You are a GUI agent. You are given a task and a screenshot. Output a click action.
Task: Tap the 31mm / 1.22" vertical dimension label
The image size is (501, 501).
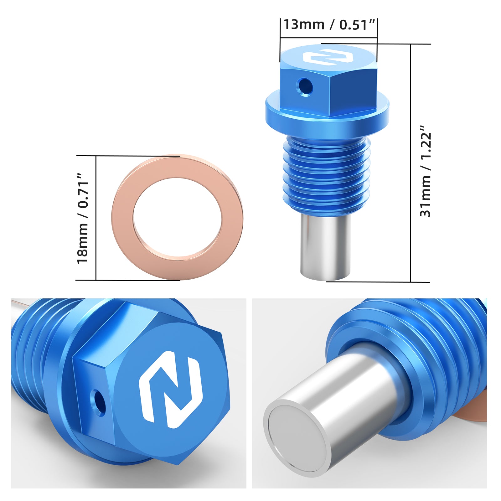[426, 171]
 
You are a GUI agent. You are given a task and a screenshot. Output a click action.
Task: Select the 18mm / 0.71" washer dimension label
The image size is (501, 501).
[83, 218]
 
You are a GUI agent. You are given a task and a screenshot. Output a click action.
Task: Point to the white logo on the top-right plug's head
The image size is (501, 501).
[328, 57]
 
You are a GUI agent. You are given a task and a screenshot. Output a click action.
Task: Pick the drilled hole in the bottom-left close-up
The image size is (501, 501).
[98, 402]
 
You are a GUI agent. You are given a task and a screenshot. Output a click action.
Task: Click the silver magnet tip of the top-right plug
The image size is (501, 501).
[325, 247]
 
